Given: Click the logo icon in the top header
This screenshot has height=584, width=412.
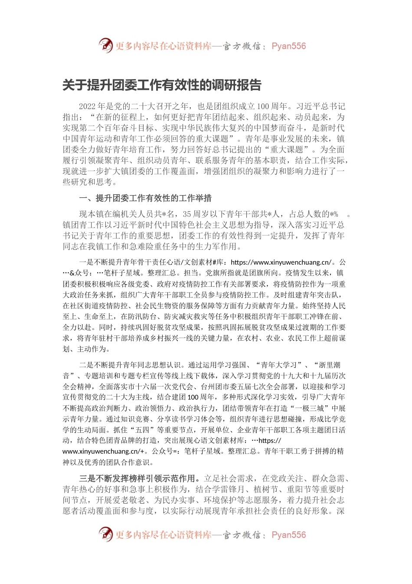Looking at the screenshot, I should pos(105,46).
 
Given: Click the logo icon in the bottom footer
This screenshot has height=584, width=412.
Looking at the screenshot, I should pos(105,534).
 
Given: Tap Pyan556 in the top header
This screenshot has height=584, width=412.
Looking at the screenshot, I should pos(288,46).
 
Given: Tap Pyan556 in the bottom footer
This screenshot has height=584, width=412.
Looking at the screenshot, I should pos(288,535).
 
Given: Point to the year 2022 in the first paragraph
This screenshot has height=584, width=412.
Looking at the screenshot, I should pos(87,106).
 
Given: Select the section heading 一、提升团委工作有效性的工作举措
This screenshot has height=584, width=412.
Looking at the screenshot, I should pos(145,199).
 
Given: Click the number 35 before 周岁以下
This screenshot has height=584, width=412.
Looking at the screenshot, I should pos(187,214).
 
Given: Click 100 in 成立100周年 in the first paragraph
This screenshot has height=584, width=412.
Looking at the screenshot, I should pos(263,106).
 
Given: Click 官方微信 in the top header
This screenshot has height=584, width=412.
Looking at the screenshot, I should pos(242,46).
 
